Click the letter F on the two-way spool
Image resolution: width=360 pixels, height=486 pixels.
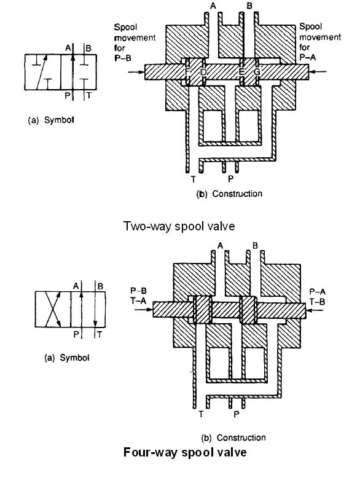187,72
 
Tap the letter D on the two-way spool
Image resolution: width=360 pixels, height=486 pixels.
203,72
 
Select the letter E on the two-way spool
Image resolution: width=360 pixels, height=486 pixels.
242,72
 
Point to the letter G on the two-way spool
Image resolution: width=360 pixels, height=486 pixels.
257,72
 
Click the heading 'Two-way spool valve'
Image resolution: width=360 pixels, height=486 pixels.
179,226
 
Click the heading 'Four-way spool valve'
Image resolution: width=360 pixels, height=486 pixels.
185,452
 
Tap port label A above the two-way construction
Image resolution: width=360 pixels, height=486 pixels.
213,6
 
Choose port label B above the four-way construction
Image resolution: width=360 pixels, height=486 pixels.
255,246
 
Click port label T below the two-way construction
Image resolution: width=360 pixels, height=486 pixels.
194,179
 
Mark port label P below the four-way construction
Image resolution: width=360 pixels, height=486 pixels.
237,414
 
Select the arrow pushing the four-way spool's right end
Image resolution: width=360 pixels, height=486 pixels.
315,310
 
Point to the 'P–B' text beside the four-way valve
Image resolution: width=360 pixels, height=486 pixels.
138,291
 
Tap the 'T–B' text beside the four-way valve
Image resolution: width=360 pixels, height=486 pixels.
318,301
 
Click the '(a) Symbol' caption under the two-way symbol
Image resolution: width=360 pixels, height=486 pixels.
51,120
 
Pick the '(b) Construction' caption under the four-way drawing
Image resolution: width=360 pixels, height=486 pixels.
233,437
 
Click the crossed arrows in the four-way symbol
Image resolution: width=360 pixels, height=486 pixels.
53,309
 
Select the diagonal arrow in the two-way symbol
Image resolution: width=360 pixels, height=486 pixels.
41,73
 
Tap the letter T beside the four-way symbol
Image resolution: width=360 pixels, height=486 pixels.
100,334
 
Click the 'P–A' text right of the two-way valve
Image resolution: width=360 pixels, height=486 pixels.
308,57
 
